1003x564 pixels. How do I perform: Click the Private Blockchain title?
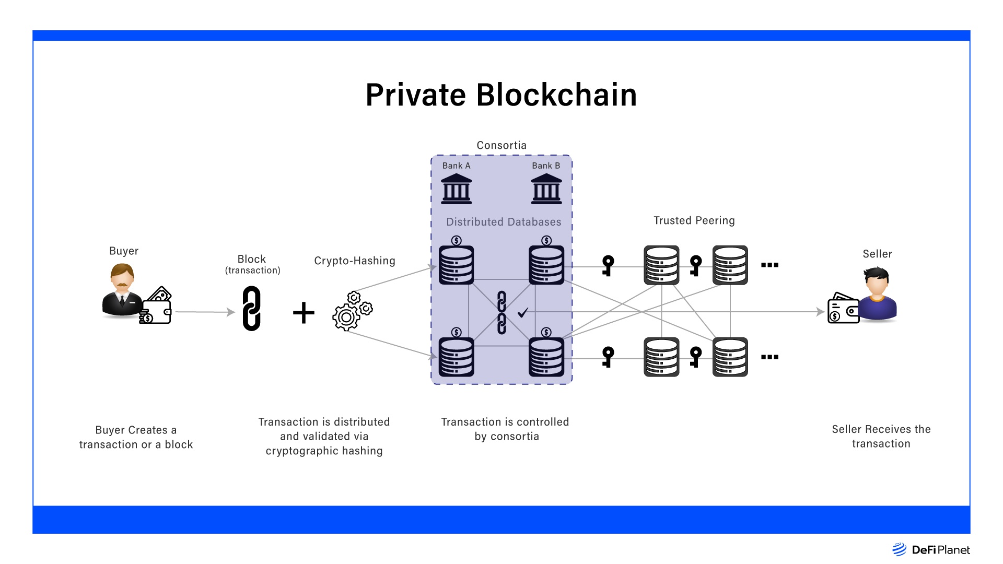pos(501,95)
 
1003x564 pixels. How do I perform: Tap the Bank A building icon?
pos(456,189)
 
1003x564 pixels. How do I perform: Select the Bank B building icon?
pos(546,189)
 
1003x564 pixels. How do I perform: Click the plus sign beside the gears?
pos(304,313)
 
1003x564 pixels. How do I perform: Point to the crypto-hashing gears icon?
pos(352,311)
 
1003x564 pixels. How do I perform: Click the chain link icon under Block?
pos(251,308)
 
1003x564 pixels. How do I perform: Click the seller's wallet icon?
pos(843,309)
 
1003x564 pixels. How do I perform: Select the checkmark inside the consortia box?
pos(523,312)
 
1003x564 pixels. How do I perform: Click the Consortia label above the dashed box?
pos(501,145)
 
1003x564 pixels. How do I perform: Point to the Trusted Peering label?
pos(694,220)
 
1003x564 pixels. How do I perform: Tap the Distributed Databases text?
pos(504,222)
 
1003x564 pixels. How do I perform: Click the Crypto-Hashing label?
pos(355,261)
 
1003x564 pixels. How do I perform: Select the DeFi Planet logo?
pos(931,549)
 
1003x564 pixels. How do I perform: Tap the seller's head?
pos(877,282)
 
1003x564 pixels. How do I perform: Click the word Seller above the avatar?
pos(877,254)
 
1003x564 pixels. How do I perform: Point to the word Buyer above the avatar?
pos(124,251)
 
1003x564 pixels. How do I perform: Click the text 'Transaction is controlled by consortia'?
pos(505,429)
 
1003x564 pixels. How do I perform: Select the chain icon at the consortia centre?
pos(501,312)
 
